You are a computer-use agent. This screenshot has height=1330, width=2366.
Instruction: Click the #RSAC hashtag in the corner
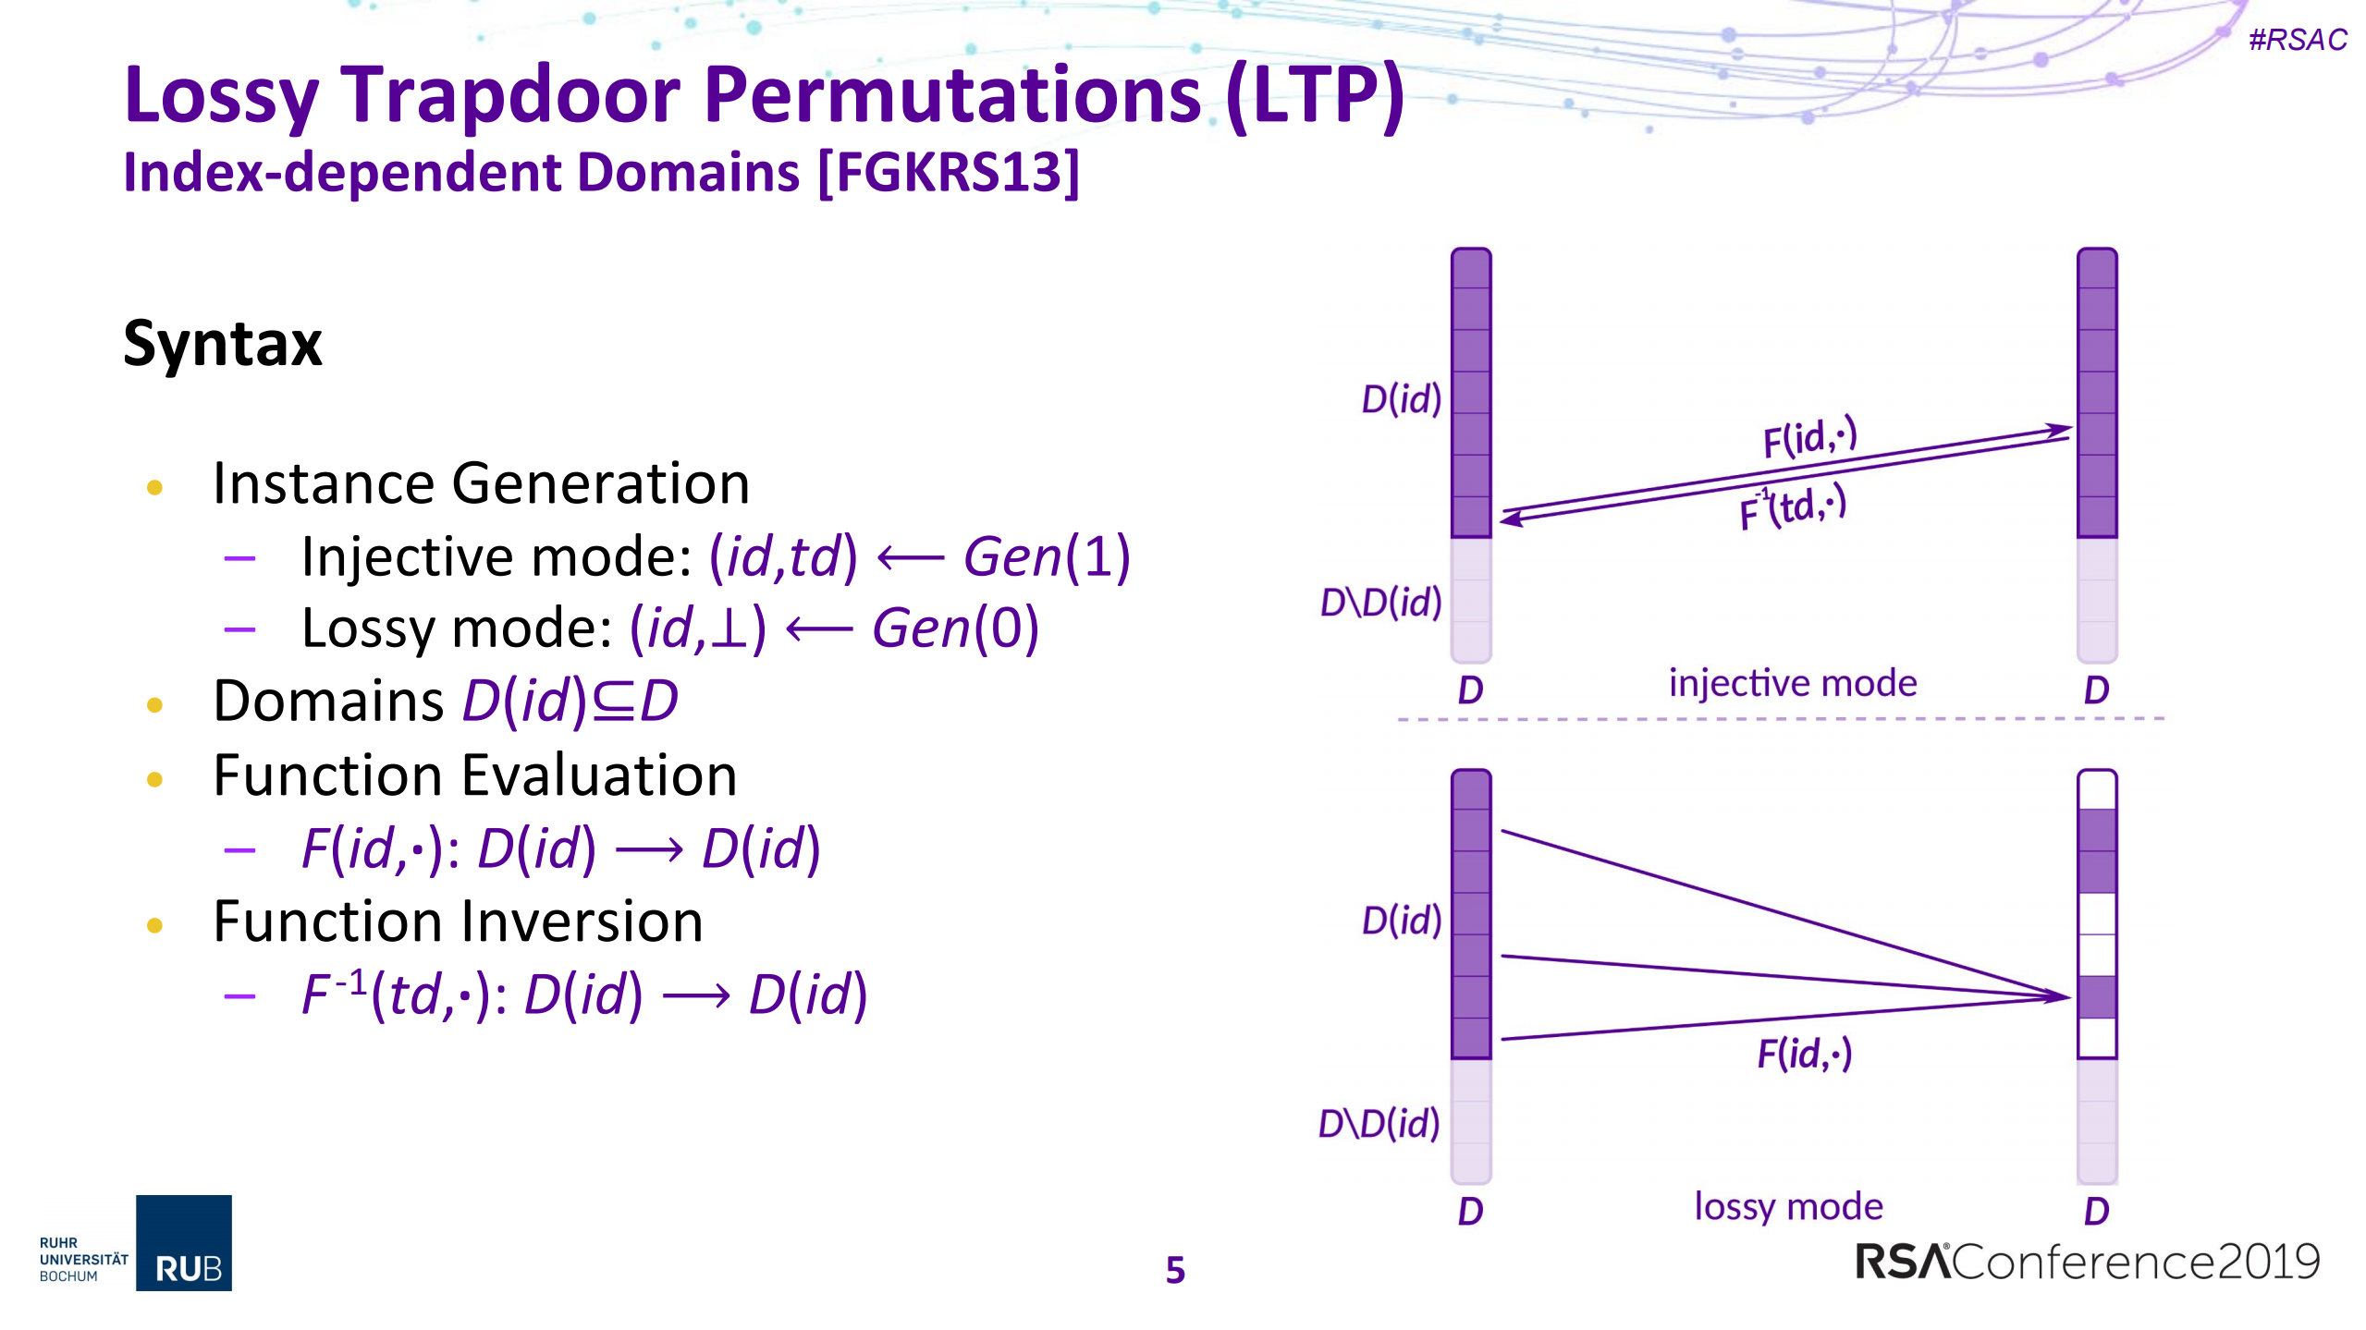point(2297,40)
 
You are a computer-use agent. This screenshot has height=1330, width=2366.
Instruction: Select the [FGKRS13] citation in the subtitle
point(949,173)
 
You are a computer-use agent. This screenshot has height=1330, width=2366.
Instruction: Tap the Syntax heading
point(223,344)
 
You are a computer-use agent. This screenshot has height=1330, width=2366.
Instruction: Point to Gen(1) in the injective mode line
point(1047,557)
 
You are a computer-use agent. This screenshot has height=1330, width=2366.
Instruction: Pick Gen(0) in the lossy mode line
point(955,628)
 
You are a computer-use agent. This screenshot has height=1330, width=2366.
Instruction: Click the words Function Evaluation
point(474,775)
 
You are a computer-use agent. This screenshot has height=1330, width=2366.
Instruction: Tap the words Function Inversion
point(458,922)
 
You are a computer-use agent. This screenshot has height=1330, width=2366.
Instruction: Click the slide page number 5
point(1174,1270)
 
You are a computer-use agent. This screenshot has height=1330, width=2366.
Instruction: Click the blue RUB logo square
point(184,1242)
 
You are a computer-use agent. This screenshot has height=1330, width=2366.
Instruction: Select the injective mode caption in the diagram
point(1792,684)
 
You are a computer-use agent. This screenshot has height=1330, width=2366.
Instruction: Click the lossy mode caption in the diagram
point(1788,1206)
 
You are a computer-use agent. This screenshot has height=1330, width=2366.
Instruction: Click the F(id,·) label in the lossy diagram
point(1804,1054)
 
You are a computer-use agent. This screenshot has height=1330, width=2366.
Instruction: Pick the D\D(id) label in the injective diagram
point(1380,603)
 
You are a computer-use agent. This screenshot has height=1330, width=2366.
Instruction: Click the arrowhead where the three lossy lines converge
point(2060,996)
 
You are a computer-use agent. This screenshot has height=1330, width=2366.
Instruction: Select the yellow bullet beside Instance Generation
point(154,487)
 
